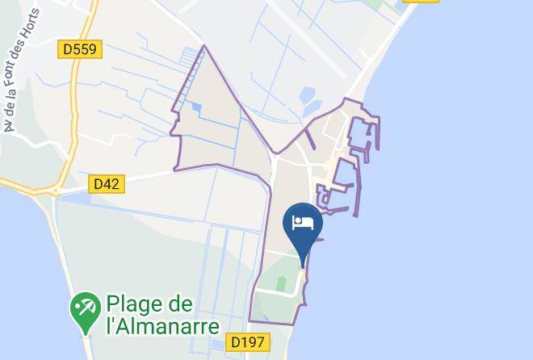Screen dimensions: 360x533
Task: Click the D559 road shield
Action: pyautogui.click(x=81, y=50)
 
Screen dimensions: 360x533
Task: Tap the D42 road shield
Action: pyautogui.click(x=106, y=184)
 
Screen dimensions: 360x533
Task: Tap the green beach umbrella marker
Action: pyautogui.click(x=84, y=307)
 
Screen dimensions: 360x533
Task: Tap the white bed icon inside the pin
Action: pyautogui.click(x=303, y=222)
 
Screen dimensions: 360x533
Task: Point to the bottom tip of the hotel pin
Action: pyautogui.click(x=303, y=266)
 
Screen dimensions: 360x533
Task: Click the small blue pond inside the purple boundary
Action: pyautogui.click(x=197, y=107)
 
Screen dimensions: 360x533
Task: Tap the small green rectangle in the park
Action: pyautogui.click(x=280, y=284)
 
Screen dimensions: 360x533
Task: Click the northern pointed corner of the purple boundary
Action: pyautogui.click(x=204, y=47)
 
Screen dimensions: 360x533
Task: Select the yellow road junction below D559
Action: pyautogui.click(x=57, y=190)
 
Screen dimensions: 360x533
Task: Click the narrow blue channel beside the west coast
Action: pyautogui.click(x=54, y=234)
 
